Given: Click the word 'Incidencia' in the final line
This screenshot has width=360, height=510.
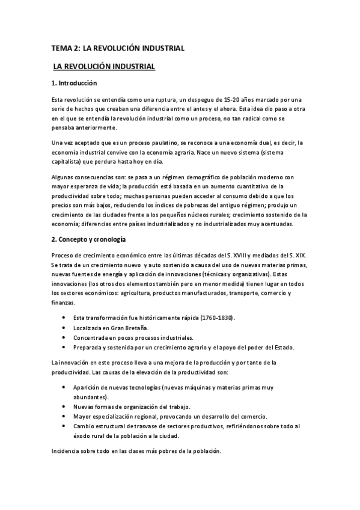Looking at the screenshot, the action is [x=67, y=451].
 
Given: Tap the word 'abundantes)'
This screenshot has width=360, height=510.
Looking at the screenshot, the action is [x=91, y=397].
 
